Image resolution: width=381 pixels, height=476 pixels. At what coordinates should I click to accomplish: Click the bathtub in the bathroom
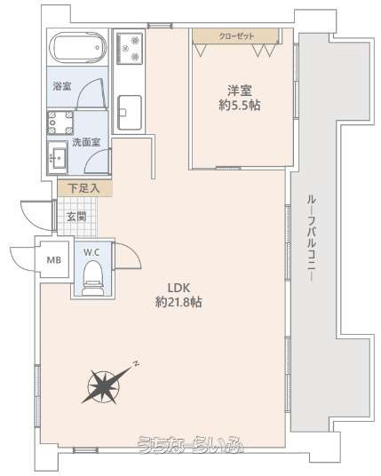78,47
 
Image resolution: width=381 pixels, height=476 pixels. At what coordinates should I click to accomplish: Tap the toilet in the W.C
92,278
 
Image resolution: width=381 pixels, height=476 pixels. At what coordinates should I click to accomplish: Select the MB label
54,260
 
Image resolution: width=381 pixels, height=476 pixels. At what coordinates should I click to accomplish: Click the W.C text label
91,252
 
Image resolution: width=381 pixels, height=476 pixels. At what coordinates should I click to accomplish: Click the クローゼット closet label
236,36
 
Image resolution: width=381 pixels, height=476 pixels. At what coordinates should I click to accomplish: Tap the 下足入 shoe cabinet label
83,188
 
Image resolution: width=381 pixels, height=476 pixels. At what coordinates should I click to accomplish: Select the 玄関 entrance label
76,217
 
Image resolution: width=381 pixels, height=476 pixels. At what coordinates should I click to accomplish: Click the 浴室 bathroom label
62,86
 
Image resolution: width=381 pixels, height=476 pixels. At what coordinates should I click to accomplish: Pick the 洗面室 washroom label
86,142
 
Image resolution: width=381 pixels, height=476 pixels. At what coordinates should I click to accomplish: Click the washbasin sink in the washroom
57,157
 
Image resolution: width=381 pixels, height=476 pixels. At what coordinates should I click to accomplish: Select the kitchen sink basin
130,112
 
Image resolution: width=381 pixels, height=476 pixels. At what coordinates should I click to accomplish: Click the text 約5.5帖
240,105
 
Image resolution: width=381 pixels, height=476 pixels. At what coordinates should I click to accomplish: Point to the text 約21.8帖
179,302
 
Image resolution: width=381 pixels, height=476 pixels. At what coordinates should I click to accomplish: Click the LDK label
179,287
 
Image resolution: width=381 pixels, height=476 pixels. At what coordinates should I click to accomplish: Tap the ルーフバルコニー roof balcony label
312,239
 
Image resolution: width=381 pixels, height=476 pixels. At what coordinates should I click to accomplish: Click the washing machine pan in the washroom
60,123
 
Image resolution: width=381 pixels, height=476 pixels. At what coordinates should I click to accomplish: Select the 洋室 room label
240,91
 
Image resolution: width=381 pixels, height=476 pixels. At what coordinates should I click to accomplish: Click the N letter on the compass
137,363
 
